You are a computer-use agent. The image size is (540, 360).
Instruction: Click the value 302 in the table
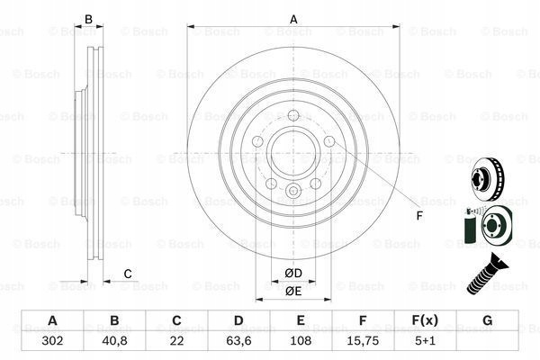(x=52, y=341)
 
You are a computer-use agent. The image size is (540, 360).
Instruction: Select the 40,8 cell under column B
(x=114, y=341)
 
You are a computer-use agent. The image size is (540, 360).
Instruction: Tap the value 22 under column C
(x=176, y=341)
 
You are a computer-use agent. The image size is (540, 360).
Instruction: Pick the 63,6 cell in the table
(x=238, y=341)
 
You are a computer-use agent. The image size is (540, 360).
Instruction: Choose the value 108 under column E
(x=301, y=341)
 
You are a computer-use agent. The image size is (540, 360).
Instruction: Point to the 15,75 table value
(x=363, y=341)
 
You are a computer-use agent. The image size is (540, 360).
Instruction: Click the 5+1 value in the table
(x=425, y=341)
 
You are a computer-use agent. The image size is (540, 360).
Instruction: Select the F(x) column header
(x=425, y=320)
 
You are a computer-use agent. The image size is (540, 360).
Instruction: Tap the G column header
(x=487, y=320)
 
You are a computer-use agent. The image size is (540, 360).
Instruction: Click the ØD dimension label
(x=293, y=274)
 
